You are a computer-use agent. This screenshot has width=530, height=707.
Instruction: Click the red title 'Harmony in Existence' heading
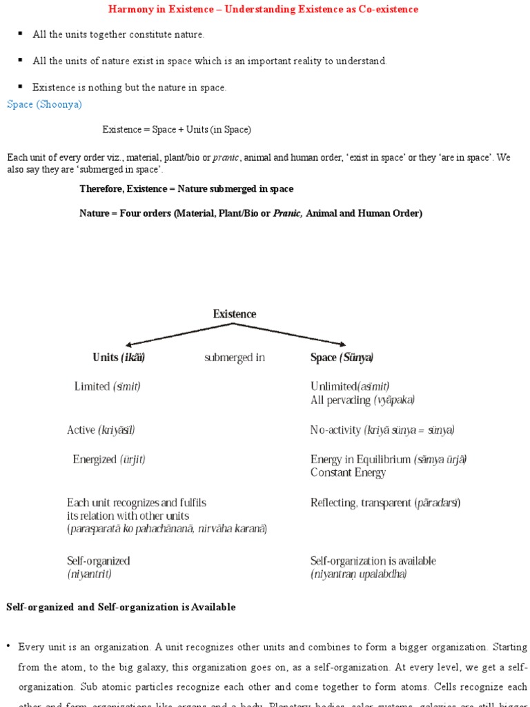[x=263, y=10]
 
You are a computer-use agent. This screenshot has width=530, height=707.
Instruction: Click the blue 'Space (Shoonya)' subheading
[x=44, y=104]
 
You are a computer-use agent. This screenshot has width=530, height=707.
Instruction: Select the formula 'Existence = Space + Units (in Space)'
[x=177, y=129]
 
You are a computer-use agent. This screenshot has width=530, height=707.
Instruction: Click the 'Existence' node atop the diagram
[x=234, y=314]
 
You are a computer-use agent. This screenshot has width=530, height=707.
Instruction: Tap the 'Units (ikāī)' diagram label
[x=119, y=358]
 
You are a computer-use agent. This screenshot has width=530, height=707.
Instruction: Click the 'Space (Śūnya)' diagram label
[x=342, y=358]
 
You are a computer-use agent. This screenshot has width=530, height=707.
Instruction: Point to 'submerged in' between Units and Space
[x=234, y=358]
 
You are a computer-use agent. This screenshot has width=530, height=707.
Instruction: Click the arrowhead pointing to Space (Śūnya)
[x=342, y=343]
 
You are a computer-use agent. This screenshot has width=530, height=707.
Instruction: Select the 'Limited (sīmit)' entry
[x=107, y=387]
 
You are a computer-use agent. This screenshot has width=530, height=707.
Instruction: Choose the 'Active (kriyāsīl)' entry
[x=101, y=430]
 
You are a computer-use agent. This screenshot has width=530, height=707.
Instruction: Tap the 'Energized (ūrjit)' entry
[x=109, y=459]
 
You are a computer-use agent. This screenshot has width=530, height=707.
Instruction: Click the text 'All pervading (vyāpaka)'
[x=362, y=400]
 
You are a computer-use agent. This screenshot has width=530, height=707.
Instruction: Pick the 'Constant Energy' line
[x=348, y=473]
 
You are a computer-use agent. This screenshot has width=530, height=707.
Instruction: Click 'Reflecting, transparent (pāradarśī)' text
[x=385, y=503]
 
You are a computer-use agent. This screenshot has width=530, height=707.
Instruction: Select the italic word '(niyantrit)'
[x=89, y=574]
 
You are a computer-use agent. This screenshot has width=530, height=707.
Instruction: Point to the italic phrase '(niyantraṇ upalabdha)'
[x=358, y=574]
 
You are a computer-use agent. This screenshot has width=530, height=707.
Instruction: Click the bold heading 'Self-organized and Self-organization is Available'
[x=121, y=607]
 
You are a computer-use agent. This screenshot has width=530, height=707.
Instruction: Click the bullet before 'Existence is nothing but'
[x=21, y=86]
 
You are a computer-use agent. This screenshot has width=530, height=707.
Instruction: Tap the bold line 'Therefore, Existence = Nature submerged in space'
[x=186, y=188]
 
